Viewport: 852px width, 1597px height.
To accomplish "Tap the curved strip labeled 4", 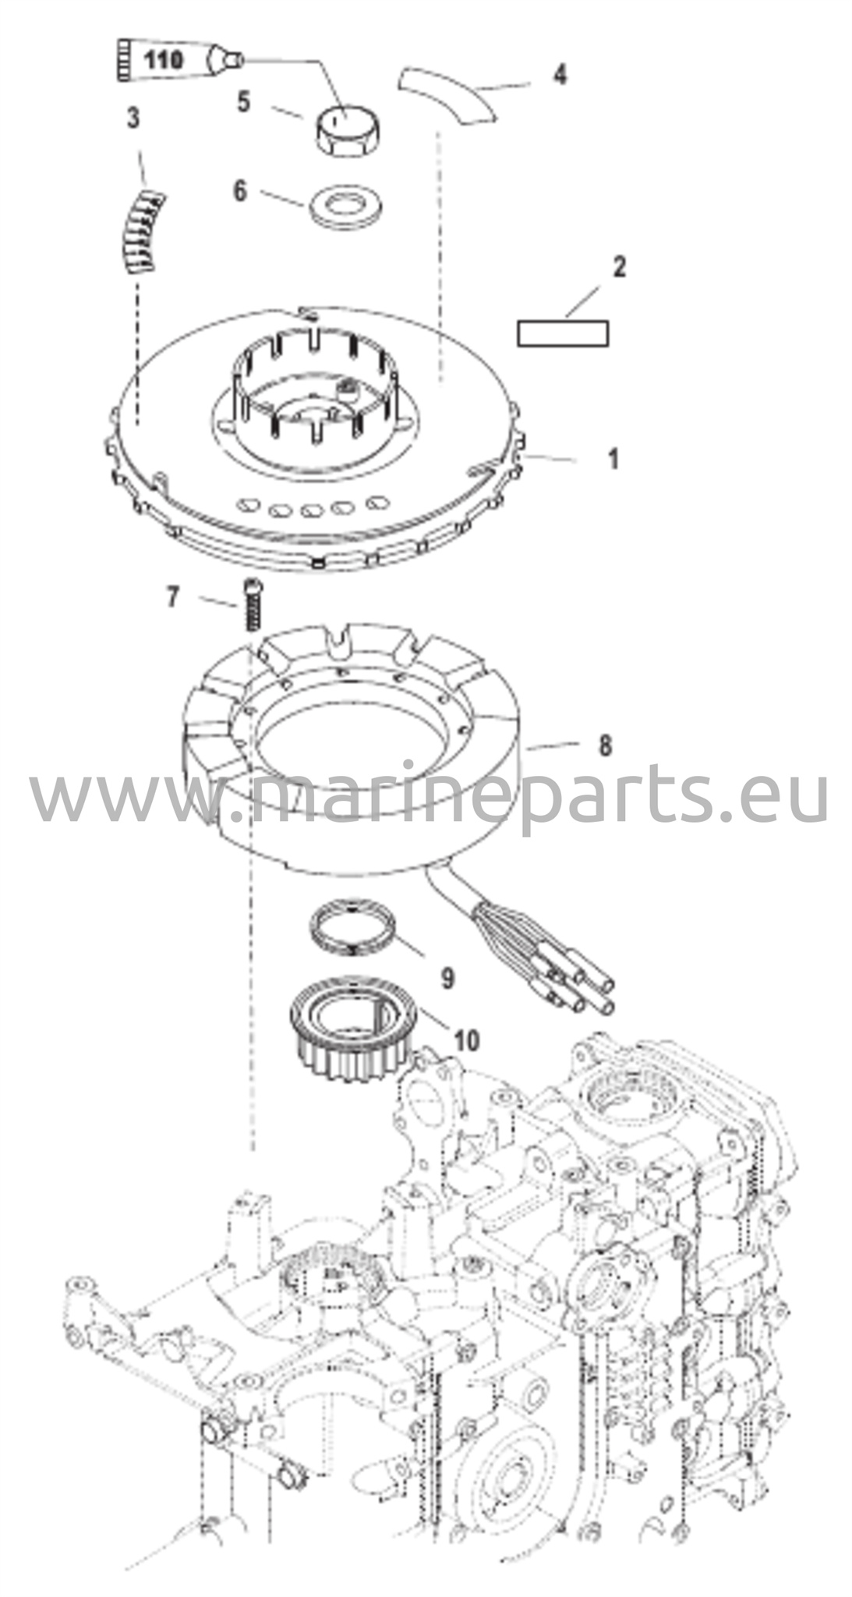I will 446,94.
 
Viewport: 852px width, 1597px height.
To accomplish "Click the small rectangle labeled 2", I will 563,334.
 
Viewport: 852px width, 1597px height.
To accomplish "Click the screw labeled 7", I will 252,605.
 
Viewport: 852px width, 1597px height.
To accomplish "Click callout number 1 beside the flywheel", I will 613,459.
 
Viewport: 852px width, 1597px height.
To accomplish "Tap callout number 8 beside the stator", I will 605,745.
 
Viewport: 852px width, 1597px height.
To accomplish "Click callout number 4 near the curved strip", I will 559,76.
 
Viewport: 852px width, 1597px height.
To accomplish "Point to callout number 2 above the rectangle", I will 619,267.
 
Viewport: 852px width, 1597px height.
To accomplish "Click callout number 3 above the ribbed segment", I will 133,119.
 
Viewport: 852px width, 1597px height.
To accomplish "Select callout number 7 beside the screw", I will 173,597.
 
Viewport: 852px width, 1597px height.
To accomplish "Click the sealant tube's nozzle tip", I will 238,58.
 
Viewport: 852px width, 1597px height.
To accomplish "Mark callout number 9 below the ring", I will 447,978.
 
